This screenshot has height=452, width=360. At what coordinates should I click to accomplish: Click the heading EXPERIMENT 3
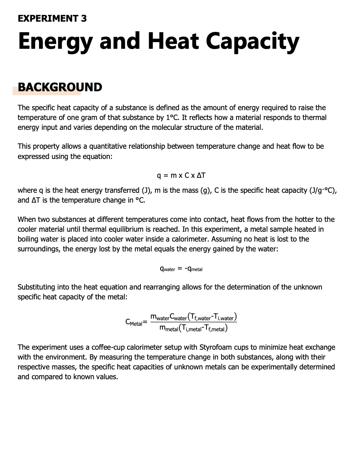pyautogui.click(x=52, y=18)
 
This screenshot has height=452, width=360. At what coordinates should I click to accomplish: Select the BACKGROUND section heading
pyautogui.click(x=60, y=87)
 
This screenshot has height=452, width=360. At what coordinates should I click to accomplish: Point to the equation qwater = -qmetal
pyautogui.click(x=181, y=269)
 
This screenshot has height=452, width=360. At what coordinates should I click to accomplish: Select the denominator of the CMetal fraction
pyautogui.click(x=194, y=328)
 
